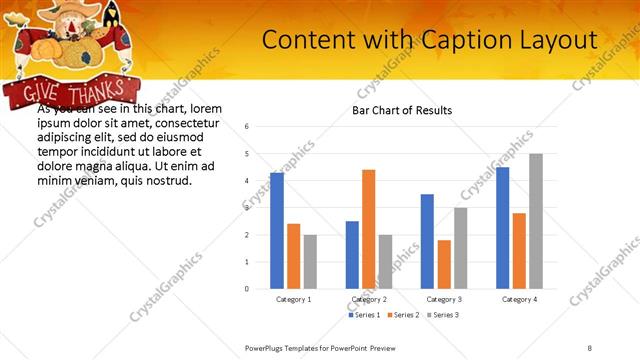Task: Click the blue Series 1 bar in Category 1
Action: coord(277,231)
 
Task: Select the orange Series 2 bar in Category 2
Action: coord(368,229)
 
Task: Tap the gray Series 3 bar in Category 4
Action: coord(536,221)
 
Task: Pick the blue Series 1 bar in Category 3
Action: coord(427,241)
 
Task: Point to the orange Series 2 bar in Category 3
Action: coord(444,264)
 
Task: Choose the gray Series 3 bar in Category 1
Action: coord(310,262)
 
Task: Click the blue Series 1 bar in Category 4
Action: coord(502,228)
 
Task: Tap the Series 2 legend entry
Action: coord(403,315)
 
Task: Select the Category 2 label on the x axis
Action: coord(369,300)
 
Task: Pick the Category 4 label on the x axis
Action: coord(520,300)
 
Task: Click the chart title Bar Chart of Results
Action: coord(402,110)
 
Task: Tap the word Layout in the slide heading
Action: coord(561,40)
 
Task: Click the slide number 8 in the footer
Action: coord(590,347)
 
